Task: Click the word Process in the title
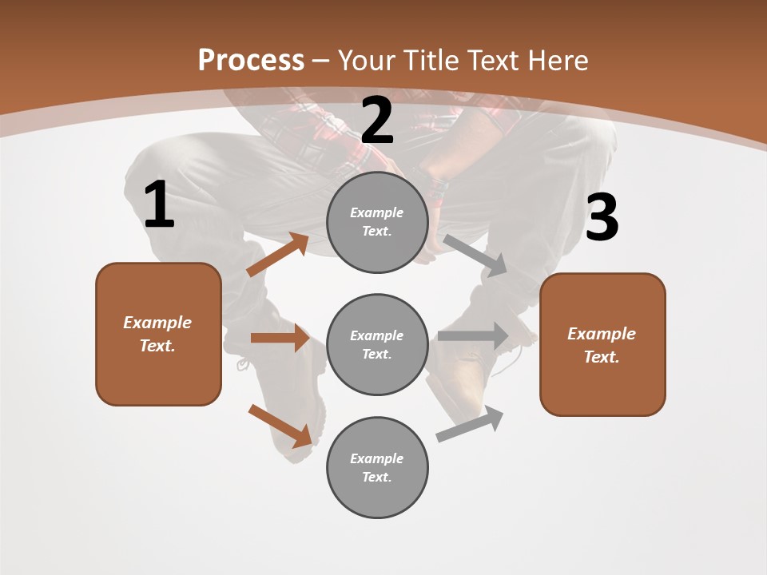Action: tap(251, 60)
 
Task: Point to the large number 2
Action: tap(377, 121)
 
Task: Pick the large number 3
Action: tap(602, 218)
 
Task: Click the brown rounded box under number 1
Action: tap(158, 334)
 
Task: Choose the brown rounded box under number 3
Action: tap(602, 345)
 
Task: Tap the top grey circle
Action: tap(377, 222)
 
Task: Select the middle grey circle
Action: tap(377, 344)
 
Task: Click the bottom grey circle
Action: tap(377, 467)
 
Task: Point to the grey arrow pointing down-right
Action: tap(475, 256)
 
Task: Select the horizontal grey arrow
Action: tap(473, 336)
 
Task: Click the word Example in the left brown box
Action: tap(157, 323)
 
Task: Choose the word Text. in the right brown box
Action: tap(602, 357)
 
